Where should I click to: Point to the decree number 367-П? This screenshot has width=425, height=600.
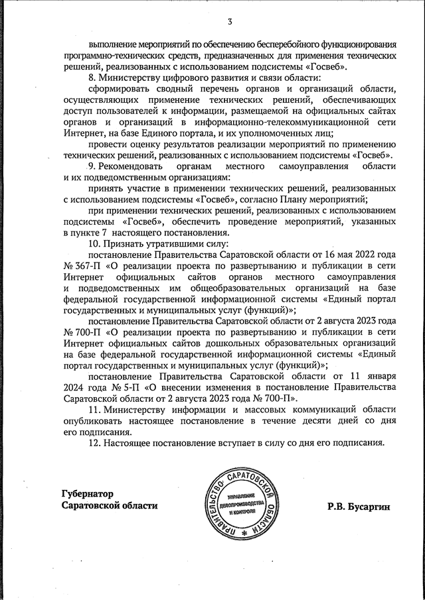coord(80,265)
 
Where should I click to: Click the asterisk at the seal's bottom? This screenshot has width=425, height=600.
coord(244,532)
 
